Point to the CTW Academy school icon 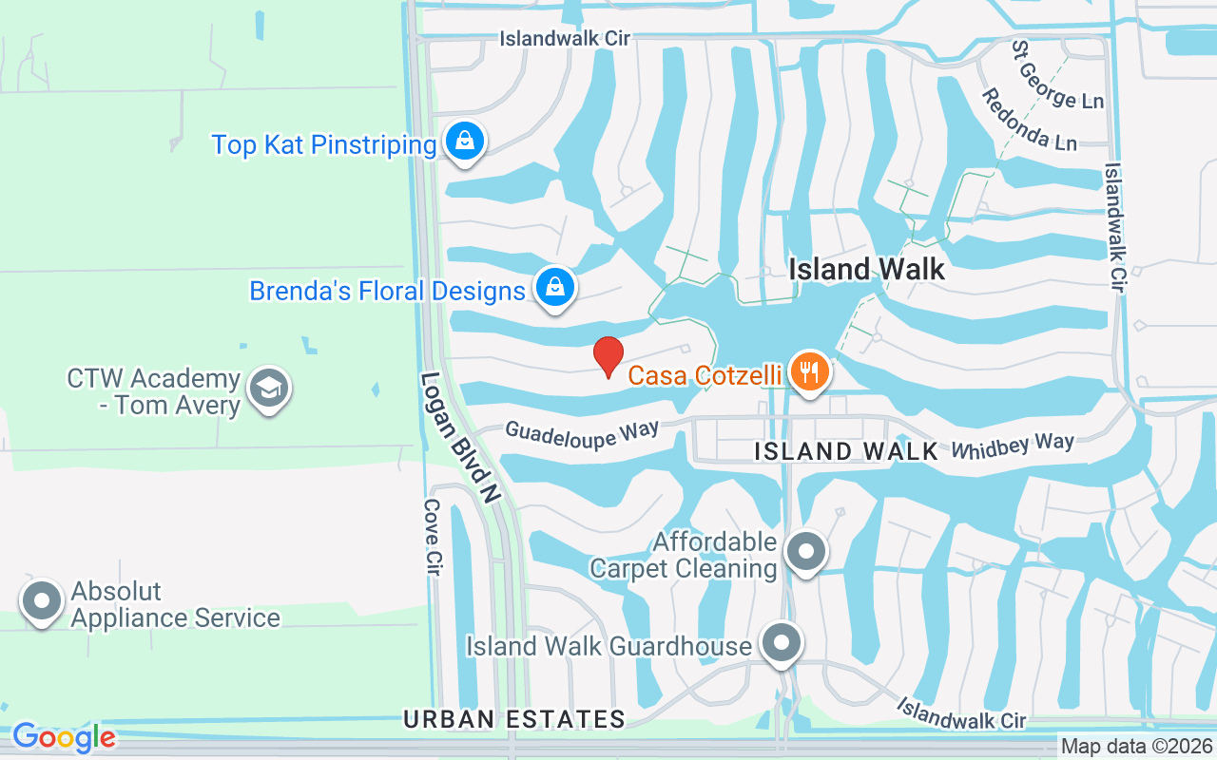269,389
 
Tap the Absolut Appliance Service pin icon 42,601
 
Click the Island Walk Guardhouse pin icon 782,644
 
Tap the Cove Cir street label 433,538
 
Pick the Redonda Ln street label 1029,120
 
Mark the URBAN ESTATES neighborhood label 514,719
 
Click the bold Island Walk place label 867,270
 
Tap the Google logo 64,737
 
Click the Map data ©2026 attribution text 1136,747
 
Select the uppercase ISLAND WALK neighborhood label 846,451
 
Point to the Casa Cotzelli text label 705,375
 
